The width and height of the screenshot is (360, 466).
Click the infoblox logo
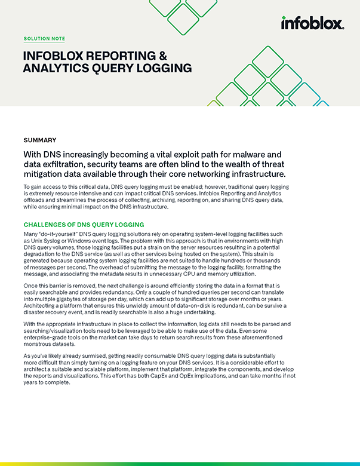(312, 23)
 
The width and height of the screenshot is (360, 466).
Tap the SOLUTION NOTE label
(45, 38)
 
